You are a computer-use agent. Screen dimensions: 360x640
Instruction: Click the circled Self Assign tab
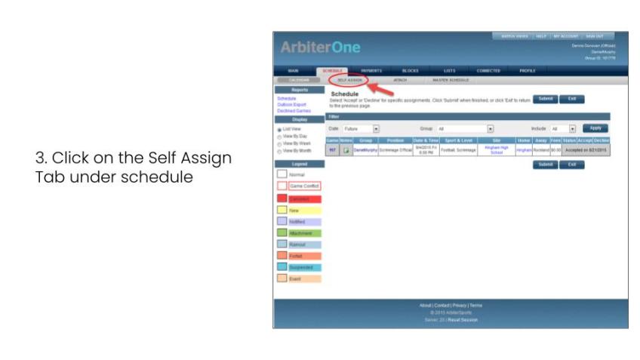tap(350, 79)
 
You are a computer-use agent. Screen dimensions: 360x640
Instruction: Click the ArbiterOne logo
tap(321, 48)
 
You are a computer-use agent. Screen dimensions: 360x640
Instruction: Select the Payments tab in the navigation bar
tap(371, 70)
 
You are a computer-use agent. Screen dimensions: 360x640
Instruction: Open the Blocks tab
tap(411, 70)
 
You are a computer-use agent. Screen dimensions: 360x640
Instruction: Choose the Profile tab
tap(528, 70)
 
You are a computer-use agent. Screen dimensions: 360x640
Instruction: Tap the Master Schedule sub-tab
tap(451, 79)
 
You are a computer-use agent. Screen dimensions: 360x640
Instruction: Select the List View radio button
tap(280, 129)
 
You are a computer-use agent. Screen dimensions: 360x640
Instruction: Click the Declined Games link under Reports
tap(294, 110)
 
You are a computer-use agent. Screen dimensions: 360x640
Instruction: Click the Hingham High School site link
tap(496, 150)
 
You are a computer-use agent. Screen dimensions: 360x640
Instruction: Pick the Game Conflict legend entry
tap(299, 186)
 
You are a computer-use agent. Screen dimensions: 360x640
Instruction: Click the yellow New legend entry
tap(299, 210)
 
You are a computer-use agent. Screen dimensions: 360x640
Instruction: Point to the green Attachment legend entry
tap(299, 233)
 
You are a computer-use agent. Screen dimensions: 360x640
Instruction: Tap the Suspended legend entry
tap(299, 267)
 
